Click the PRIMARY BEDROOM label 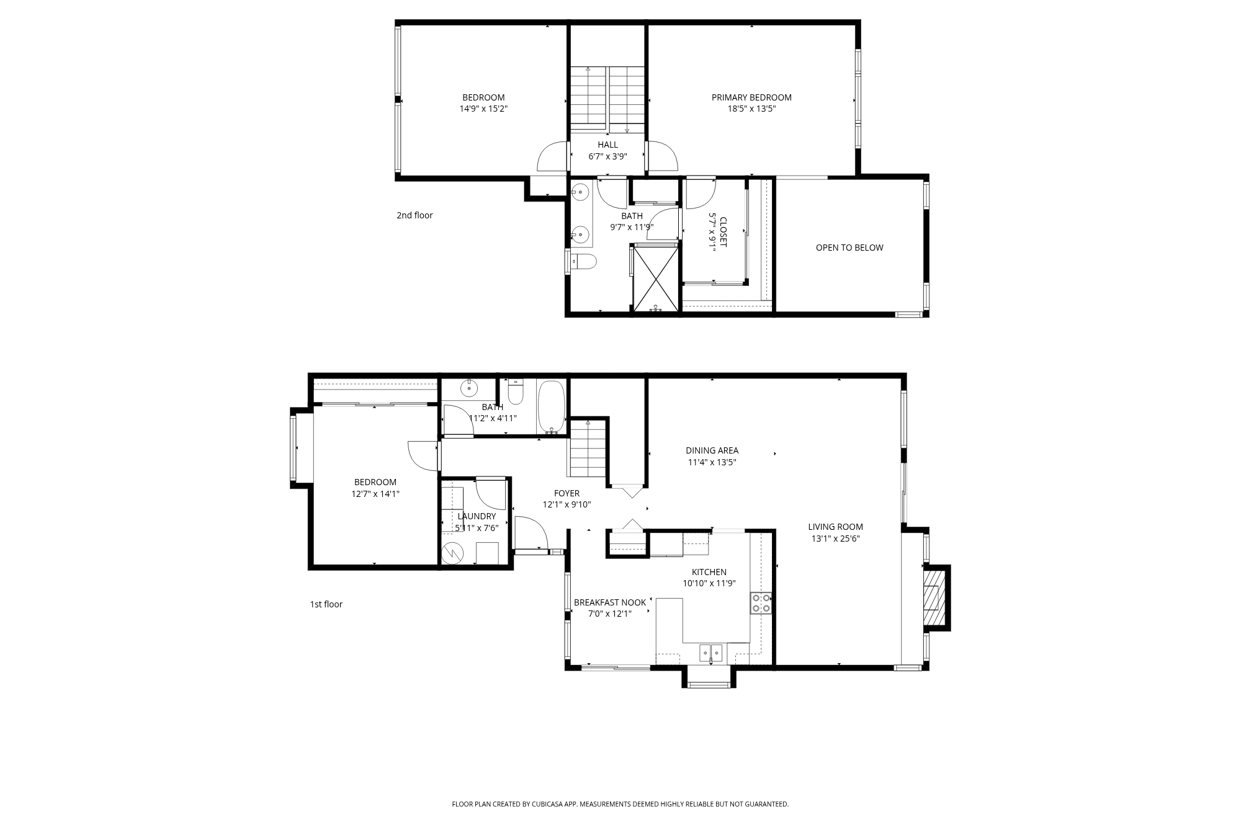[x=751, y=97]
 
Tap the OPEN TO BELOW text [x=849, y=248]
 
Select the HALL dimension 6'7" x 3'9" [x=608, y=156]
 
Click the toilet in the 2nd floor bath [x=583, y=262]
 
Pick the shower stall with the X [x=655, y=277]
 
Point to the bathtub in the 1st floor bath [x=552, y=407]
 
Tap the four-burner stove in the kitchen [x=761, y=603]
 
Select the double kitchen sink [x=712, y=653]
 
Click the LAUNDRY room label [x=477, y=516]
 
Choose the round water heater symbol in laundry [x=453, y=553]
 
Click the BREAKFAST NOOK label [x=610, y=602]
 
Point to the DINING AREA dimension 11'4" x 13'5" [x=712, y=462]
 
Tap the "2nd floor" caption [x=414, y=215]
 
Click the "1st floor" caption [x=326, y=604]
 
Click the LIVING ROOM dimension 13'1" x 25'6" [x=836, y=539]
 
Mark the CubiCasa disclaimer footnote [x=620, y=804]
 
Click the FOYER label [x=567, y=494]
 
